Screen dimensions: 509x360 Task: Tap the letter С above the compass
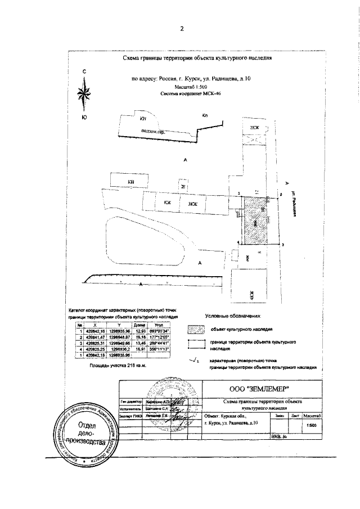coord(84,71)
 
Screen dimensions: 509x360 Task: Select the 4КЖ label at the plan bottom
coord(253,292)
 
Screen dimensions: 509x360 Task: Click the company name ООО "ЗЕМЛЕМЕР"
coord(263,389)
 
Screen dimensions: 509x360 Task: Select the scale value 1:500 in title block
coord(311,425)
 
